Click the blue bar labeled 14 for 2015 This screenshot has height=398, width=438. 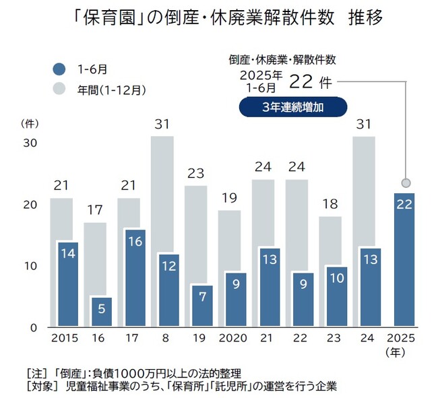[68, 284]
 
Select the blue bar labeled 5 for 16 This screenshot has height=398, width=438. [102, 311]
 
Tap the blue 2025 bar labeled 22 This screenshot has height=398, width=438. [404, 259]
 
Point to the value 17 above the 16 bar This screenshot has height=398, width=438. [94, 210]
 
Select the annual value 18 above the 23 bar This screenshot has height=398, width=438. [330, 204]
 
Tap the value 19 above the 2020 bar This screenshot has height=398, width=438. [229, 198]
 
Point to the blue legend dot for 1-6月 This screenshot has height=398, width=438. [59, 68]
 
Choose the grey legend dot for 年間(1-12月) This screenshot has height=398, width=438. [59, 88]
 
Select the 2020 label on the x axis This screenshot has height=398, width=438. [232, 338]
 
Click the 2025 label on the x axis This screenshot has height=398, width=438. [403, 338]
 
